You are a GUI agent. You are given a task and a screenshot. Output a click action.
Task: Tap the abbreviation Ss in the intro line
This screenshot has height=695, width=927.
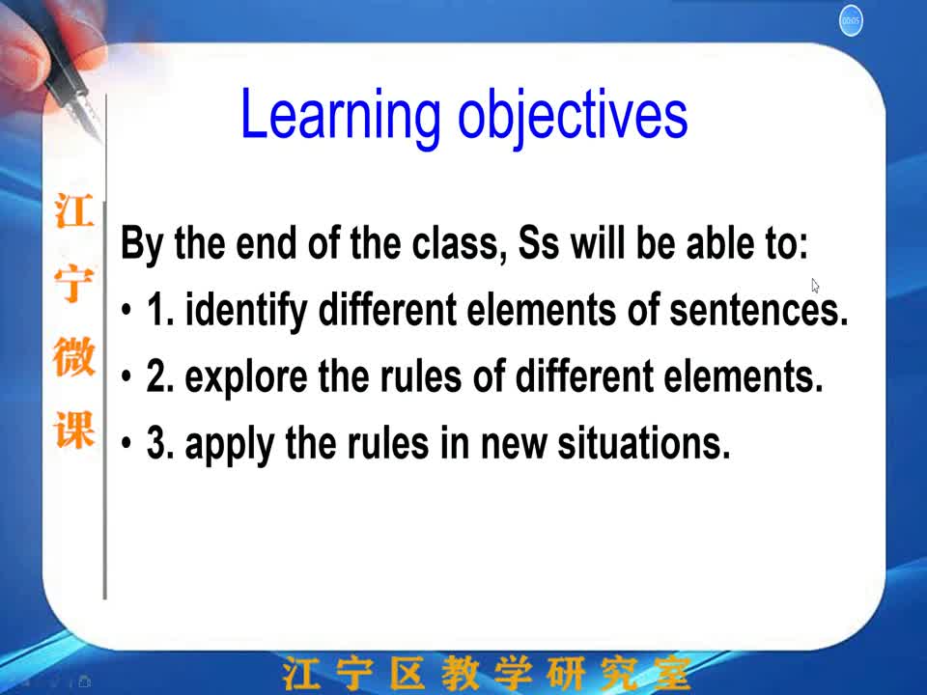pyautogui.click(x=538, y=243)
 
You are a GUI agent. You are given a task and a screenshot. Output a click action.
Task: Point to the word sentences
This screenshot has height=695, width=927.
pyautogui.click(x=759, y=310)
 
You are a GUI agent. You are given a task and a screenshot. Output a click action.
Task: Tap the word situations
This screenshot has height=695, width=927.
pyautogui.click(x=644, y=443)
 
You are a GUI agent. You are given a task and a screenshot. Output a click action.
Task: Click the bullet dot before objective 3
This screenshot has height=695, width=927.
pyautogui.click(x=126, y=443)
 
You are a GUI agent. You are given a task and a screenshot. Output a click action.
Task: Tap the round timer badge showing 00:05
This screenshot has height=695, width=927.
pyautogui.click(x=851, y=21)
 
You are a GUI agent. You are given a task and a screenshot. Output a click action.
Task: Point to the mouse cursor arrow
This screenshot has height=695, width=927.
pyautogui.click(x=815, y=286)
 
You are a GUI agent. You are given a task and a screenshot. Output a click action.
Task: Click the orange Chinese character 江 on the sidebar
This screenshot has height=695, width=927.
pyautogui.click(x=74, y=210)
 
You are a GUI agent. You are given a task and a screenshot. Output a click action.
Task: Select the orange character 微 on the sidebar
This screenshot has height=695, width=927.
pyautogui.click(x=74, y=356)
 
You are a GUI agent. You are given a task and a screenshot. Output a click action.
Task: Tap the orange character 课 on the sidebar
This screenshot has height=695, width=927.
pyautogui.click(x=74, y=430)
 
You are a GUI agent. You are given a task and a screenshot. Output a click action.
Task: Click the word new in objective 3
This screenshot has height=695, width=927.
pyautogui.click(x=514, y=444)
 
